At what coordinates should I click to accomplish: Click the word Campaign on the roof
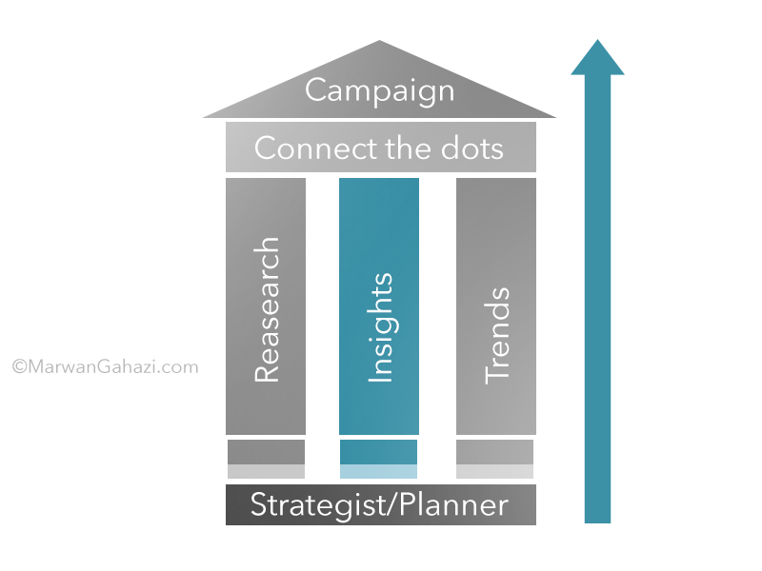point(379,91)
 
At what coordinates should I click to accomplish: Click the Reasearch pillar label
point(267,310)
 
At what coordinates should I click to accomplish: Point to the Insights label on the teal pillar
point(379,328)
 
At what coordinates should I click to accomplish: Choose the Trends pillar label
point(496,334)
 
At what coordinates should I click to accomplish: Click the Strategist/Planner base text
point(379,504)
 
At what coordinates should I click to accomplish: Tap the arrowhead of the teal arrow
point(597,59)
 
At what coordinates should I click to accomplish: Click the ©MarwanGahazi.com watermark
point(105,365)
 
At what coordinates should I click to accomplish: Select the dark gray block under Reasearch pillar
point(266,452)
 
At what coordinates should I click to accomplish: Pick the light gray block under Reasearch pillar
point(266,471)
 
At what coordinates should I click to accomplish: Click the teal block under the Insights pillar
point(378,452)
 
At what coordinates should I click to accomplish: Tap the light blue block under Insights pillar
point(378,471)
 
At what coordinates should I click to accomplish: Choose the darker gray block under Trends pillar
point(494,452)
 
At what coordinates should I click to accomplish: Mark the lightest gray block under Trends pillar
point(494,471)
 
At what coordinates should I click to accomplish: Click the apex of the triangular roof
point(380,43)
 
